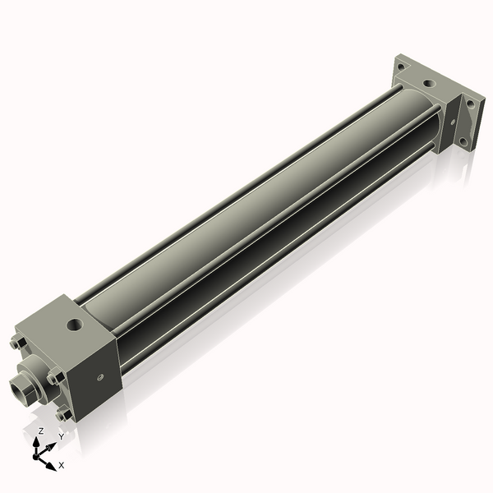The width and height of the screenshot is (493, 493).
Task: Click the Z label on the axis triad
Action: point(41,431)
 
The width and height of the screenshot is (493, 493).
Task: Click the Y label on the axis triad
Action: point(60,437)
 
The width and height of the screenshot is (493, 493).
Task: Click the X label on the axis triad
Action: point(62,465)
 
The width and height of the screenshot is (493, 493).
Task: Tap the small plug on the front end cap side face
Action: point(100,378)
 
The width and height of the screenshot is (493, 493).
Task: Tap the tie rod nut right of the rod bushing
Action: point(54,377)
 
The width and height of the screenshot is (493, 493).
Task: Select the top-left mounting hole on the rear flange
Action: point(400,67)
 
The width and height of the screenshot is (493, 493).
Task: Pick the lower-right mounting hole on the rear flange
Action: point(464,141)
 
